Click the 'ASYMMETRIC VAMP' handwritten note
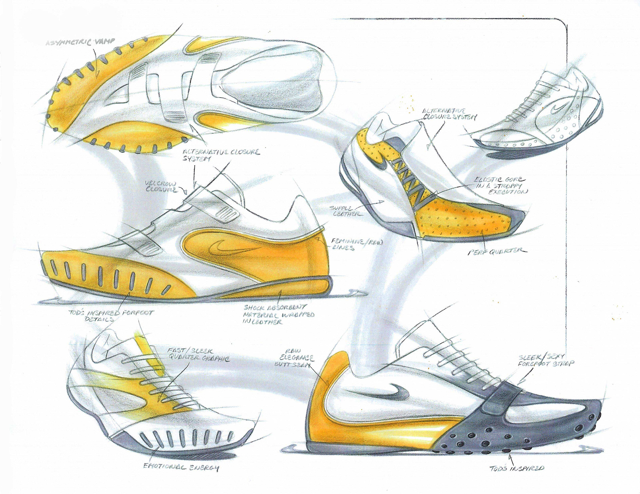point(80,42)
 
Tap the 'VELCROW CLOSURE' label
point(161,187)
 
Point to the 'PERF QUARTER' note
point(497,251)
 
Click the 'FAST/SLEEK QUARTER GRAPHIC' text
point(199,355)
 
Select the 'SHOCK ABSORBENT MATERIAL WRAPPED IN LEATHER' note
point(278,314)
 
